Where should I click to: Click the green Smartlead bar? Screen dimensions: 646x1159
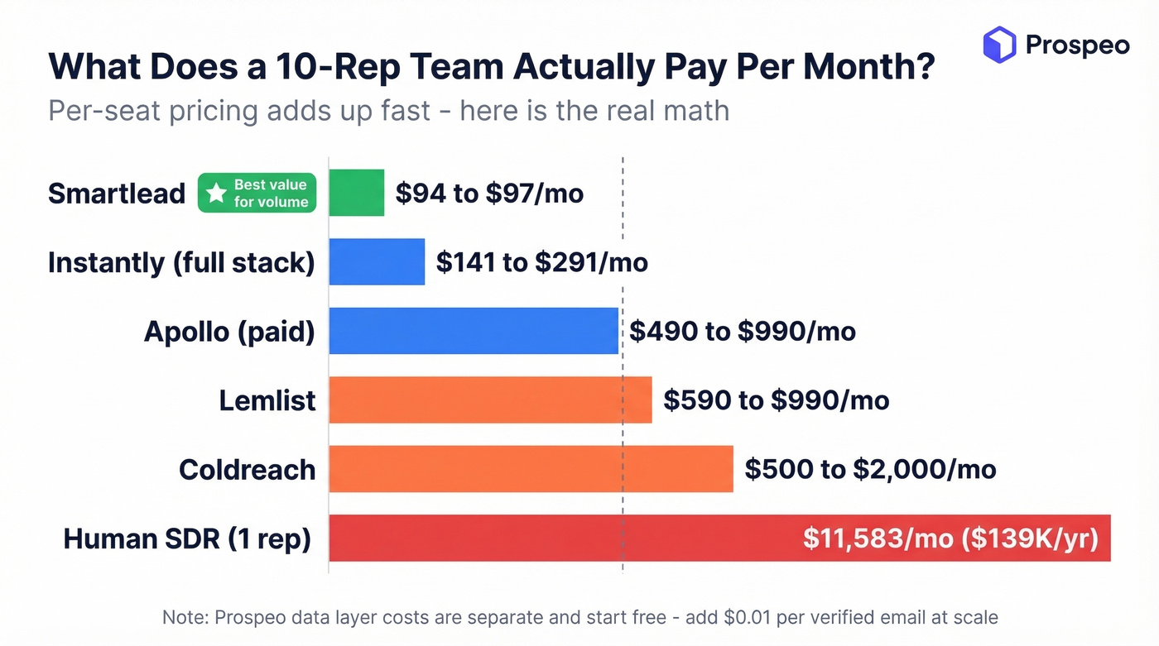[x=357, y=193]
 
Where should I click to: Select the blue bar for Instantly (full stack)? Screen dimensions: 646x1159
[x=377, y=262]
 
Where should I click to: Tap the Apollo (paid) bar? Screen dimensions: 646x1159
[x=474, y=331]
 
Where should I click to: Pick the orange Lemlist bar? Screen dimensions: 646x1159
[x=490, y=400]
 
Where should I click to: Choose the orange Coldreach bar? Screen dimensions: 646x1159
[x=531, y=469]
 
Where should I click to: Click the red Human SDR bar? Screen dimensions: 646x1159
[x=563, y=538]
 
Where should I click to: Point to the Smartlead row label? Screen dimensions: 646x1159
[x=117, y=194]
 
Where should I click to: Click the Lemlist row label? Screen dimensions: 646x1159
[x=267, y=400]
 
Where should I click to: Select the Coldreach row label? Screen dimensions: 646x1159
[x=248, y=470]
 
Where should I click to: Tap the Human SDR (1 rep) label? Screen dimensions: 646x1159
[x=187, y=539]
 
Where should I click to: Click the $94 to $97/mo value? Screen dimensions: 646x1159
[x=489, y=194]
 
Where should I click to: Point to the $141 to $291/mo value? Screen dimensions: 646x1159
[x=542, y=263]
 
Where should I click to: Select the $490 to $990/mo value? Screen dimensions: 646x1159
[x=743, y=332]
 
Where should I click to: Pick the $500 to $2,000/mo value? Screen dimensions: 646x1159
[x=870, y=470]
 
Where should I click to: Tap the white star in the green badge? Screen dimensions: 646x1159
[x=216, y=194]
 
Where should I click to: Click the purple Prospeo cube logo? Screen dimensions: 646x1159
[x=999, y=45]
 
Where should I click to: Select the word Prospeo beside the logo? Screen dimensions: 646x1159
[x=1078, y=45]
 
